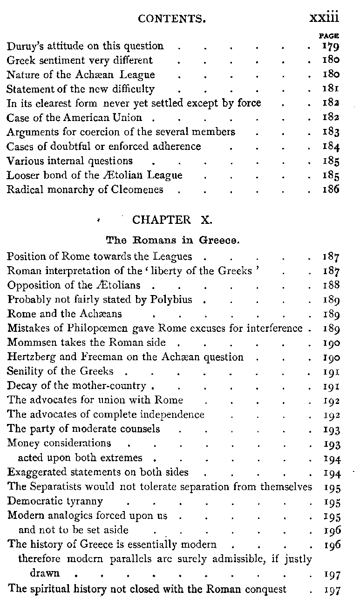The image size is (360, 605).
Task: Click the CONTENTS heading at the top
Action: (172, 20)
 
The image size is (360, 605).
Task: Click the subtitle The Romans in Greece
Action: (173, 241)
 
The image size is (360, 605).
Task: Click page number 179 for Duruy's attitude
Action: (330, 46)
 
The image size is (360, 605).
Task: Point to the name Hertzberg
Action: (29, 357)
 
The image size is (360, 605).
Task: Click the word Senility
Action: (24, 372)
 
